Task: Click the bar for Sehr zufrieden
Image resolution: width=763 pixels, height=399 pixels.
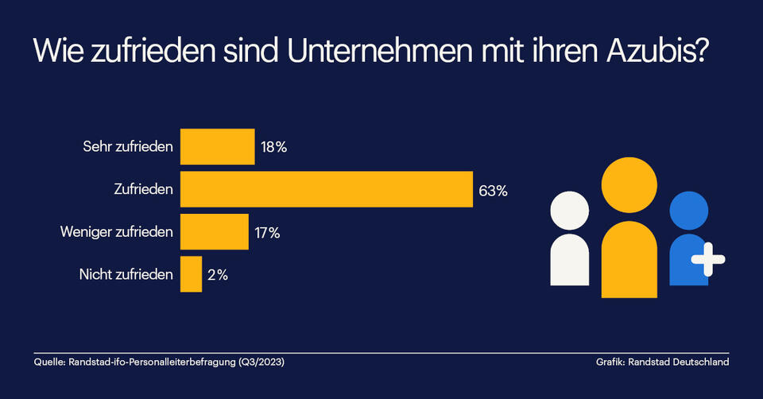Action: (x=218, y=146)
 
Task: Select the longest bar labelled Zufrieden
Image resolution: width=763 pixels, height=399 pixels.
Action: (x=327, y=189)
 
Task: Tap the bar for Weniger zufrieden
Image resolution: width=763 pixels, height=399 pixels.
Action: (x=215, y=232)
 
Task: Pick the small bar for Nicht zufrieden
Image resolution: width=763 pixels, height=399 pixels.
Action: (x=192, y=275)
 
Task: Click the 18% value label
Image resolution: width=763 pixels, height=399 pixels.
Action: (x=274, y=147)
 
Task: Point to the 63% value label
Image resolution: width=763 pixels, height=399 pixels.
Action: (x=493, y=190)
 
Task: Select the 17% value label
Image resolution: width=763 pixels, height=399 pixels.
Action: (x=267, y=233)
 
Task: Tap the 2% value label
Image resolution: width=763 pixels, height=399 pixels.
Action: (x=218, y=276)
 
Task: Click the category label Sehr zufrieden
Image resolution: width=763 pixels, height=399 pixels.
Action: (x=128, y=147)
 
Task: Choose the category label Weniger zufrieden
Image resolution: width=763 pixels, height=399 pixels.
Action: (x=117, y=233)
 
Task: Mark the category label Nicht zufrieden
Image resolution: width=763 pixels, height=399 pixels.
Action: (x=126, y=276)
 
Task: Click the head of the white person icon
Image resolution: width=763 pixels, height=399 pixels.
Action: (x=570, y=211)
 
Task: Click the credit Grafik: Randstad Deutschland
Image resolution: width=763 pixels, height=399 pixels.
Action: (x=662, y=362)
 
